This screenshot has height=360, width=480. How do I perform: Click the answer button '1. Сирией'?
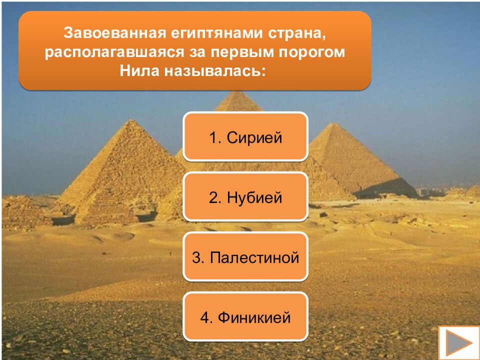tap(245, 137)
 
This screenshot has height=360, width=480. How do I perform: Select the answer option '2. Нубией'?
tap(245, 197)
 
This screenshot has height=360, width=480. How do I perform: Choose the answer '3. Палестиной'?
tap(245, 257)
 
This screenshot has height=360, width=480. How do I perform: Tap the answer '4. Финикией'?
tap(245, 317)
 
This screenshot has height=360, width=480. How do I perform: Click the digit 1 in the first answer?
tap(212, 137)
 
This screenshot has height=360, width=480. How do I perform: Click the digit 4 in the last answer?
tap(204, 317)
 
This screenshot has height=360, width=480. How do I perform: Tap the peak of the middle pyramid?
tap(238, 92)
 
